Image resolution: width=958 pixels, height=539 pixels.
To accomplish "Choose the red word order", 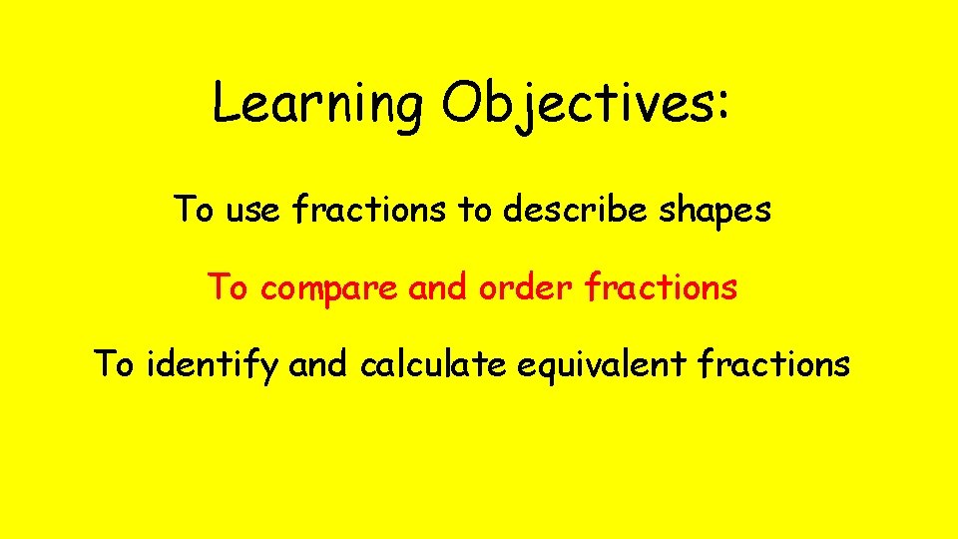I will click(526, 288).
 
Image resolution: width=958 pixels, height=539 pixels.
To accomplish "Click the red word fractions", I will click(662, 288).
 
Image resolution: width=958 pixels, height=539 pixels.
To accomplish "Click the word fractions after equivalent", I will click(774, 365).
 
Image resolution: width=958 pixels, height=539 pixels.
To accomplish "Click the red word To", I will click(227, 288).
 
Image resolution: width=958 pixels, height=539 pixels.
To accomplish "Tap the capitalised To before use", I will click(194, 211).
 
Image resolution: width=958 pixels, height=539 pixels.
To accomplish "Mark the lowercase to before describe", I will click(475, 212).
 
